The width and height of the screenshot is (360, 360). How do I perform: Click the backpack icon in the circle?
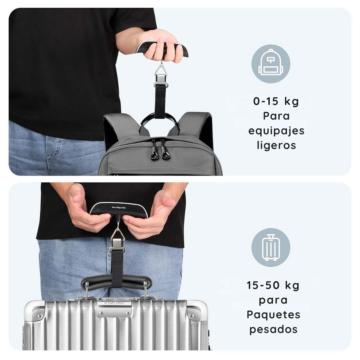pyautogui.click(x=271, y=63)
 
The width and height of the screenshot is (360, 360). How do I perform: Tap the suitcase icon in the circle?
pyautogui.click(x=271, y=247)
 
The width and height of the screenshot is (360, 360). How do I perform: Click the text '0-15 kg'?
pyautogui.click(x=276, y=101)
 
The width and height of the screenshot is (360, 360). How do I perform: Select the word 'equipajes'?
pyautogui.click(x=276, y=131)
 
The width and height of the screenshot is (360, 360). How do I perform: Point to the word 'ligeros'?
pyautogui.click(x=276, y=145)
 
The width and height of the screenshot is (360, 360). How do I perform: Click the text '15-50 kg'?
pyautogui.click(x=273, y=285)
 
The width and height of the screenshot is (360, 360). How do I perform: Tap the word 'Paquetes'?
pyautogui.click(x=273, y=315)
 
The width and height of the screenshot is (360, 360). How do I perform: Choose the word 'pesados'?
pyautogui.click(x=273, y=329)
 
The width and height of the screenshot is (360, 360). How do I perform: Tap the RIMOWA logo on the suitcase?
pyautogui.click(x=114, y=303)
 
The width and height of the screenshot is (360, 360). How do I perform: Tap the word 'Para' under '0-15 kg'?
pyautogui.click(x=276, y=116)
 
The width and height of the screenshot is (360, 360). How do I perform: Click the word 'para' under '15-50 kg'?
pyautogui.click(x=273, y=300)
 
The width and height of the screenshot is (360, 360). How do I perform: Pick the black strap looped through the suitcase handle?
pyautogui.click(x=117, y=267)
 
